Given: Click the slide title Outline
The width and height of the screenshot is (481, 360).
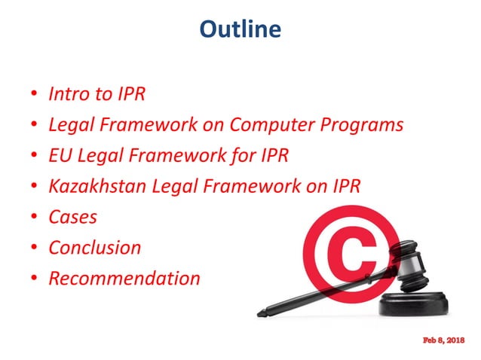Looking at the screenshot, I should tap(240, 29).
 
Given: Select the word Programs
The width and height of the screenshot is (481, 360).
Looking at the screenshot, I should tap(360, 125).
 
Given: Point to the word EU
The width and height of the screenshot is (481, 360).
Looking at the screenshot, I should tap(60, 155).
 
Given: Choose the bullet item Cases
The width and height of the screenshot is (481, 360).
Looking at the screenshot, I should tap(72, 217).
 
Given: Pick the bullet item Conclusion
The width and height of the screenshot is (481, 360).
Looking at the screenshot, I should tap(94, 247).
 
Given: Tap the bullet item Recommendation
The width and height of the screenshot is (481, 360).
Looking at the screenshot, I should tap(124, 278).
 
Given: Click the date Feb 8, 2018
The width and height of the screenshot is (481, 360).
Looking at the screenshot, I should tap(444, 341).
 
